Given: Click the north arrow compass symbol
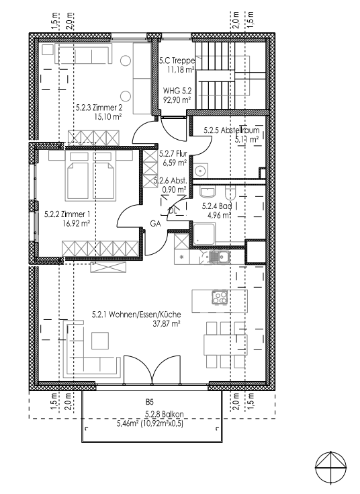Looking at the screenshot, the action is tap(330, 468).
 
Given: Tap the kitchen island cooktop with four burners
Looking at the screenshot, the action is tap(220, 297).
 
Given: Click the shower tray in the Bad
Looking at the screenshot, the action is tap(204, 234).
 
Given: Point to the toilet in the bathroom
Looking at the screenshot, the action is tap(230, 193).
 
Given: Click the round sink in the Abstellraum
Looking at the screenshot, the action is tap(200, 171).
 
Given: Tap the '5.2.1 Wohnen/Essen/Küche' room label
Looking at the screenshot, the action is tap(136, 315).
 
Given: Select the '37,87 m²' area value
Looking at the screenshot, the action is tap(167, 323).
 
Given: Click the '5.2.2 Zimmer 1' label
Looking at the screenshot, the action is tap(67, 214).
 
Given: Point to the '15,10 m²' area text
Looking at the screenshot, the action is tap(107, 116).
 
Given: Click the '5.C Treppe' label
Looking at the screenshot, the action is tap(177, 60).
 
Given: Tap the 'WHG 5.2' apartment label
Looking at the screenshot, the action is tap(177, 91).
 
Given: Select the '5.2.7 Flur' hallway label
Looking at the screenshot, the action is tap(173, 154).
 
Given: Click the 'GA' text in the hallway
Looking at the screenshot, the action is tap(156, 224).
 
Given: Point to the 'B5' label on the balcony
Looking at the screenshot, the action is tap(149, 402).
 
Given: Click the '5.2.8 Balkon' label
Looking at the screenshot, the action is tap(165, 414).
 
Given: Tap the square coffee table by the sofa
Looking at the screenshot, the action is tap(100, 340).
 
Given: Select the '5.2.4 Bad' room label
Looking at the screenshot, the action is tap(217, 206).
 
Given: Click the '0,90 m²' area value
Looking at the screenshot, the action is tap(173, 190).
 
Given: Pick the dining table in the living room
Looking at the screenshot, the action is tap(226, 345).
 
